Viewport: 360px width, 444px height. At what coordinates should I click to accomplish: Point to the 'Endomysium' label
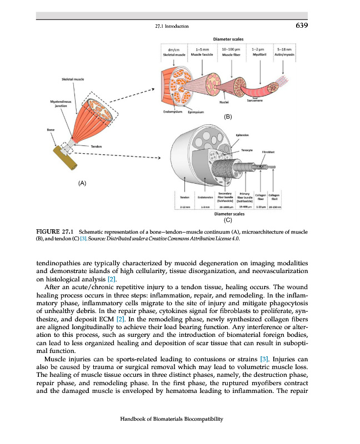click(173, 111)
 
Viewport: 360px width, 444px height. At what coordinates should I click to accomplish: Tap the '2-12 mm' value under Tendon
click(185, 206)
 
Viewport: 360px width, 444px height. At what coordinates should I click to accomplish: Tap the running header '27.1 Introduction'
click(172, 26)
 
